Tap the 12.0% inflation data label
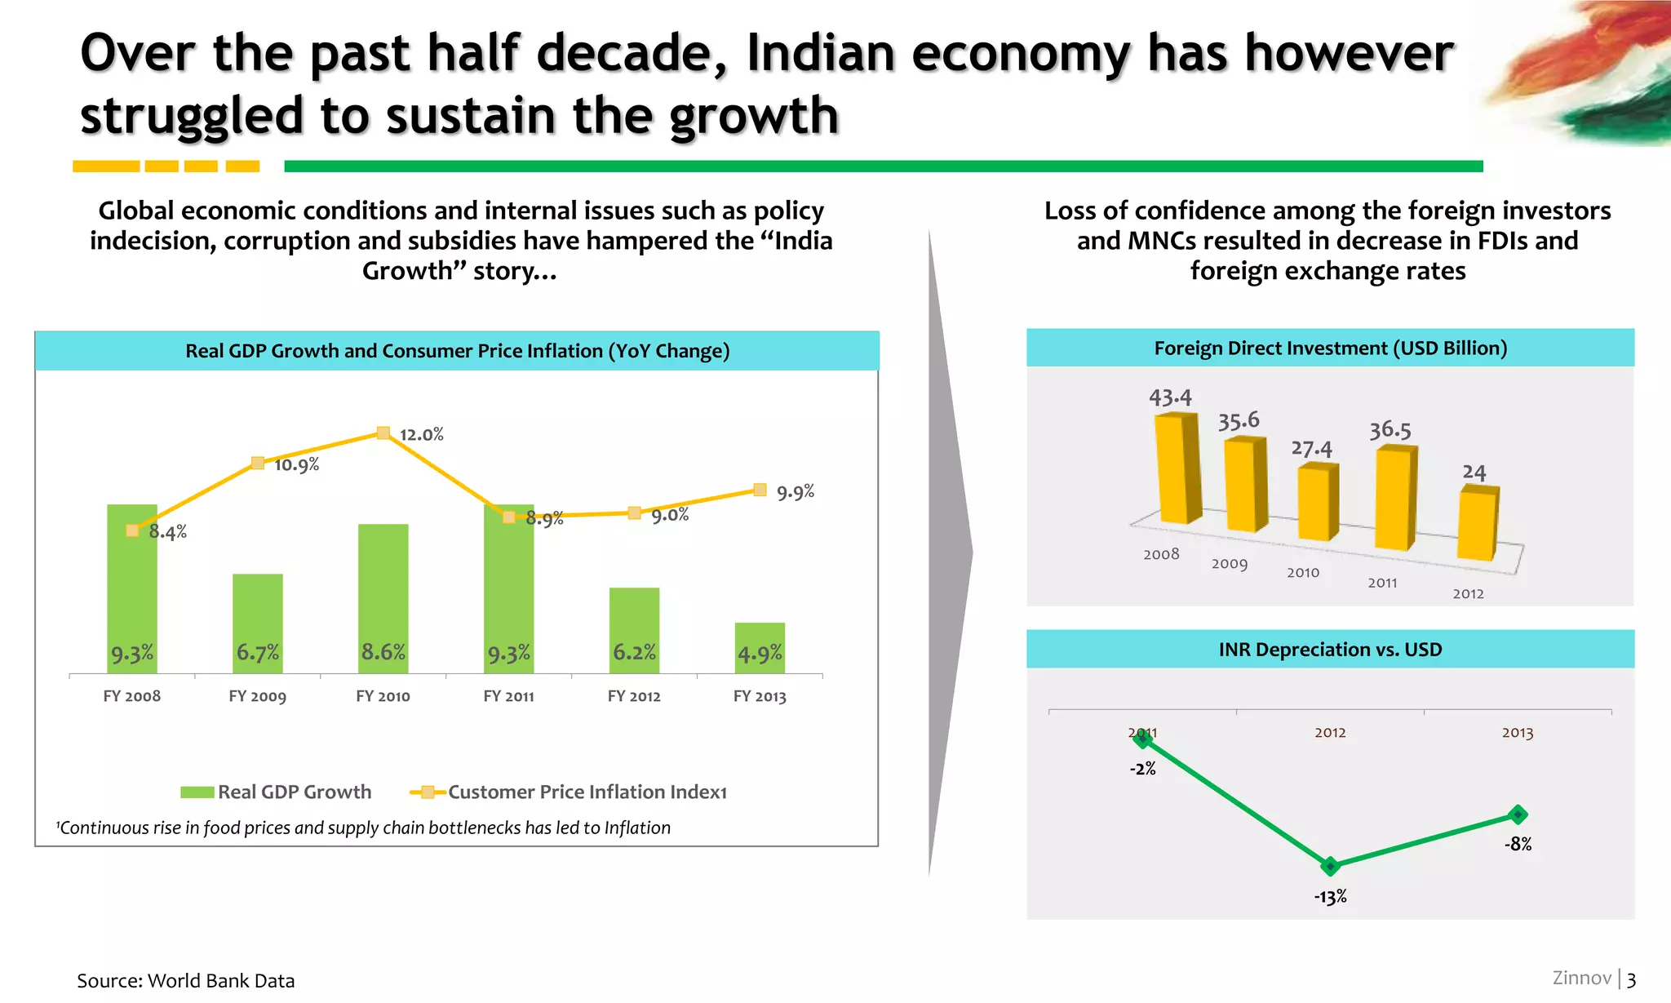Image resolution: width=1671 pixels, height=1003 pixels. [x=421, y=435]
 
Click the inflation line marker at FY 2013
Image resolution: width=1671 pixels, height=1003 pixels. [x=760, y=490]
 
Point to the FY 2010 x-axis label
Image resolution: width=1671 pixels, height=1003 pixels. [x=383, y=696]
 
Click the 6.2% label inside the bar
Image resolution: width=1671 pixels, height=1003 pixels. [x=634, y=652]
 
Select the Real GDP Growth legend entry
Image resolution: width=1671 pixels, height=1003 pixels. [x=276, y=792]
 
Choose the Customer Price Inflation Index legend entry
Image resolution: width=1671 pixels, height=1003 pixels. [x=569, y=792]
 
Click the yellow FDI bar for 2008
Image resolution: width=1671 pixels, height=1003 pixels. [x=1177, y=468]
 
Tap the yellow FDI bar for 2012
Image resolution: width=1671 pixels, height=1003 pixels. [x=1478, y=524]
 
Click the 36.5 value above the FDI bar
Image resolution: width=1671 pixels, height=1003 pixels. [x=1390, y=430]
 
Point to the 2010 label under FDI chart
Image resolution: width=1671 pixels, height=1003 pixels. [x=1303, y=573]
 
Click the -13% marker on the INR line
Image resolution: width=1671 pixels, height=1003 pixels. [x=1330, y=866]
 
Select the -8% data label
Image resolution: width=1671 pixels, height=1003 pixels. [x=1518, y=845]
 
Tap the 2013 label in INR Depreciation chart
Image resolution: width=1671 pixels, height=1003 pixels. [x=1518, y=733]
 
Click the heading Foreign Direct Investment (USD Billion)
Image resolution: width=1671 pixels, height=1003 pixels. [x=1330, y=348]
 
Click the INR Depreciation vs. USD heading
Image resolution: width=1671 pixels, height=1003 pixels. [x=1330, y=650]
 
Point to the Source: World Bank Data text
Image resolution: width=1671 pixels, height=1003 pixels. [x=186, y=980]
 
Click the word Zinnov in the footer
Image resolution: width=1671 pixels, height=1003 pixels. [x=1581, y=978]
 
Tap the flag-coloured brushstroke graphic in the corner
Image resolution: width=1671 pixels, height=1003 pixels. [x=1583, y=73]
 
